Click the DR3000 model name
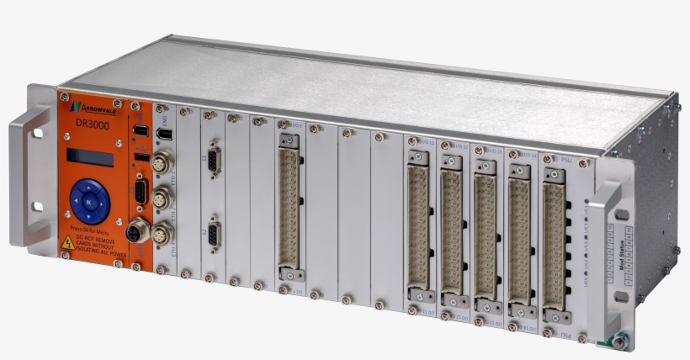point(92,124)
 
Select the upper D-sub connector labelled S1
point(214,161)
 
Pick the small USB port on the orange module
point(141,156)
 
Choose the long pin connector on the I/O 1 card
point(289,206)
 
